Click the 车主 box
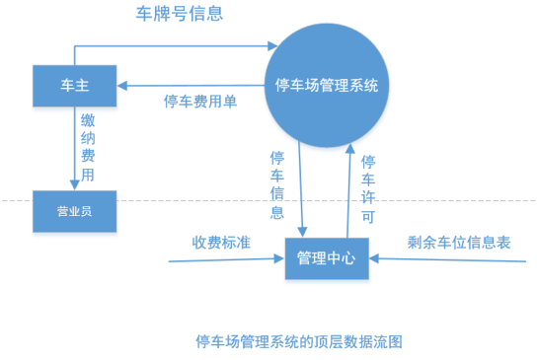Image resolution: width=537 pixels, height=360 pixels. [x=75, y=86]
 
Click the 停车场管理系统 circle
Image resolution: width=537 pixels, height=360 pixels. [x=326, y=85]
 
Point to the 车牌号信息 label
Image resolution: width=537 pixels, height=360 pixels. [x=179, y=14]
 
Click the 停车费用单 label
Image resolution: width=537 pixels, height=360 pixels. [x=200, y=102]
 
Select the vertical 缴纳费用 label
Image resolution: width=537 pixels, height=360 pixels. [x=89, y=145]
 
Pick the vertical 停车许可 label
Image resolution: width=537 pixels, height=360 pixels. [x=368, y=188]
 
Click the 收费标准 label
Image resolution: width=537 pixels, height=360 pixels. [x=219, y=242]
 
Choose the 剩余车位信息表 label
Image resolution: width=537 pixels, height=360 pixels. [x=458, y=242]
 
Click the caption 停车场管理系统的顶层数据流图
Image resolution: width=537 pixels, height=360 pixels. [x=299, y=341]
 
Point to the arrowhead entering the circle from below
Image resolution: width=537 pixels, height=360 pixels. [x=348, y=145]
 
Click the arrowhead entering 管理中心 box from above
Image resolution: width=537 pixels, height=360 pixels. [x=301, y=233]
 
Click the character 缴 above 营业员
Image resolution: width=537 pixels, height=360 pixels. [x=89, y=119]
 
